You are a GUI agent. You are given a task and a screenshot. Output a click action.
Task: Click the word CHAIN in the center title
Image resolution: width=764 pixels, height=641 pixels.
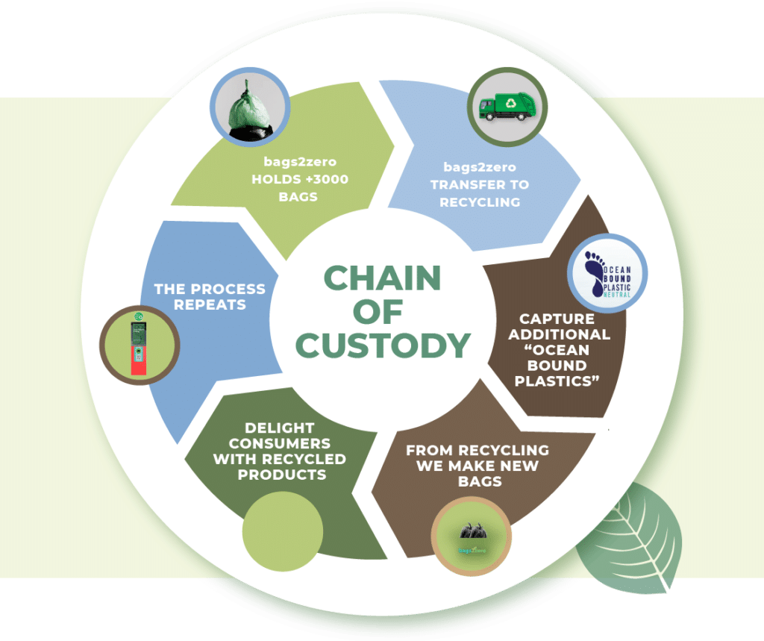click(x=382, y=278)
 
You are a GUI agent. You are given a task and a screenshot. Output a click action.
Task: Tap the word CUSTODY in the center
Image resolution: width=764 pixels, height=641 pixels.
click(x=382, y=345)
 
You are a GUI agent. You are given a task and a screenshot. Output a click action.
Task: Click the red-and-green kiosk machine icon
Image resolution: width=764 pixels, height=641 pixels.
click(x=140, y=344)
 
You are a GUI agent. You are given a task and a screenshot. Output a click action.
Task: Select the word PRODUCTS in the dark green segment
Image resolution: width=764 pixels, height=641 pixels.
click(x=281, y=475)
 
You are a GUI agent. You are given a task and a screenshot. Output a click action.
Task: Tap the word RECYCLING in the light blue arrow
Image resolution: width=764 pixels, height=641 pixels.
click(x=479, y=201)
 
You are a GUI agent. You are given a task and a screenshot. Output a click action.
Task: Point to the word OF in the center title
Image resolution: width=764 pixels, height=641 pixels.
click(x=381, y=312)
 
